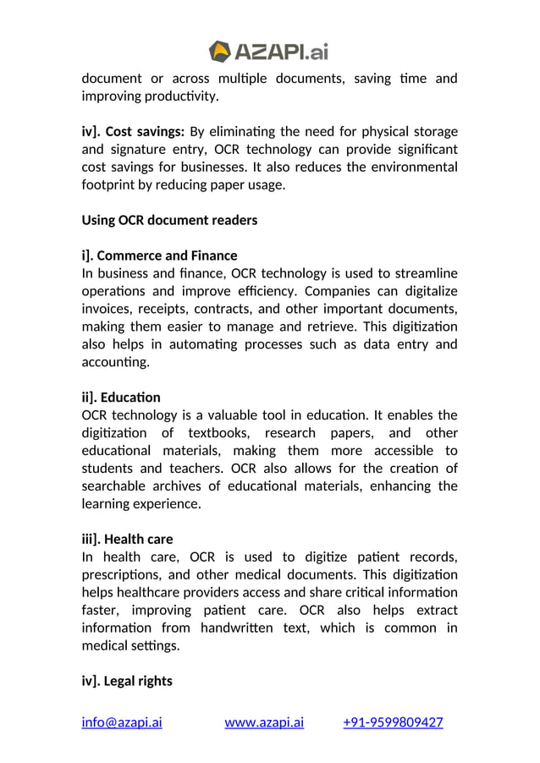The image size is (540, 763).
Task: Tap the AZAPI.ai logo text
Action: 281,52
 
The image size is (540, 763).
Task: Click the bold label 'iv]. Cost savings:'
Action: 133,131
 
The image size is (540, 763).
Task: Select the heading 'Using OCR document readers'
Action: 169,220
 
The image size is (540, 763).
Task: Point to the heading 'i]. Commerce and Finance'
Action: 159,255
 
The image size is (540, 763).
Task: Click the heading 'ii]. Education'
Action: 121,397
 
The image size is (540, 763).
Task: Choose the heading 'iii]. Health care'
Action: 127,539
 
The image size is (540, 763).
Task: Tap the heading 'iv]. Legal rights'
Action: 127,680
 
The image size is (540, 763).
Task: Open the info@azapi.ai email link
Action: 122,722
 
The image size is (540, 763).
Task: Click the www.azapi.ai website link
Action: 264,722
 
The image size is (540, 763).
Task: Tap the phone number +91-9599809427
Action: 393,722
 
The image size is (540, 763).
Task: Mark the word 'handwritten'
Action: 255,628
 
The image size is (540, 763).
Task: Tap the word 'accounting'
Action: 115,362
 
